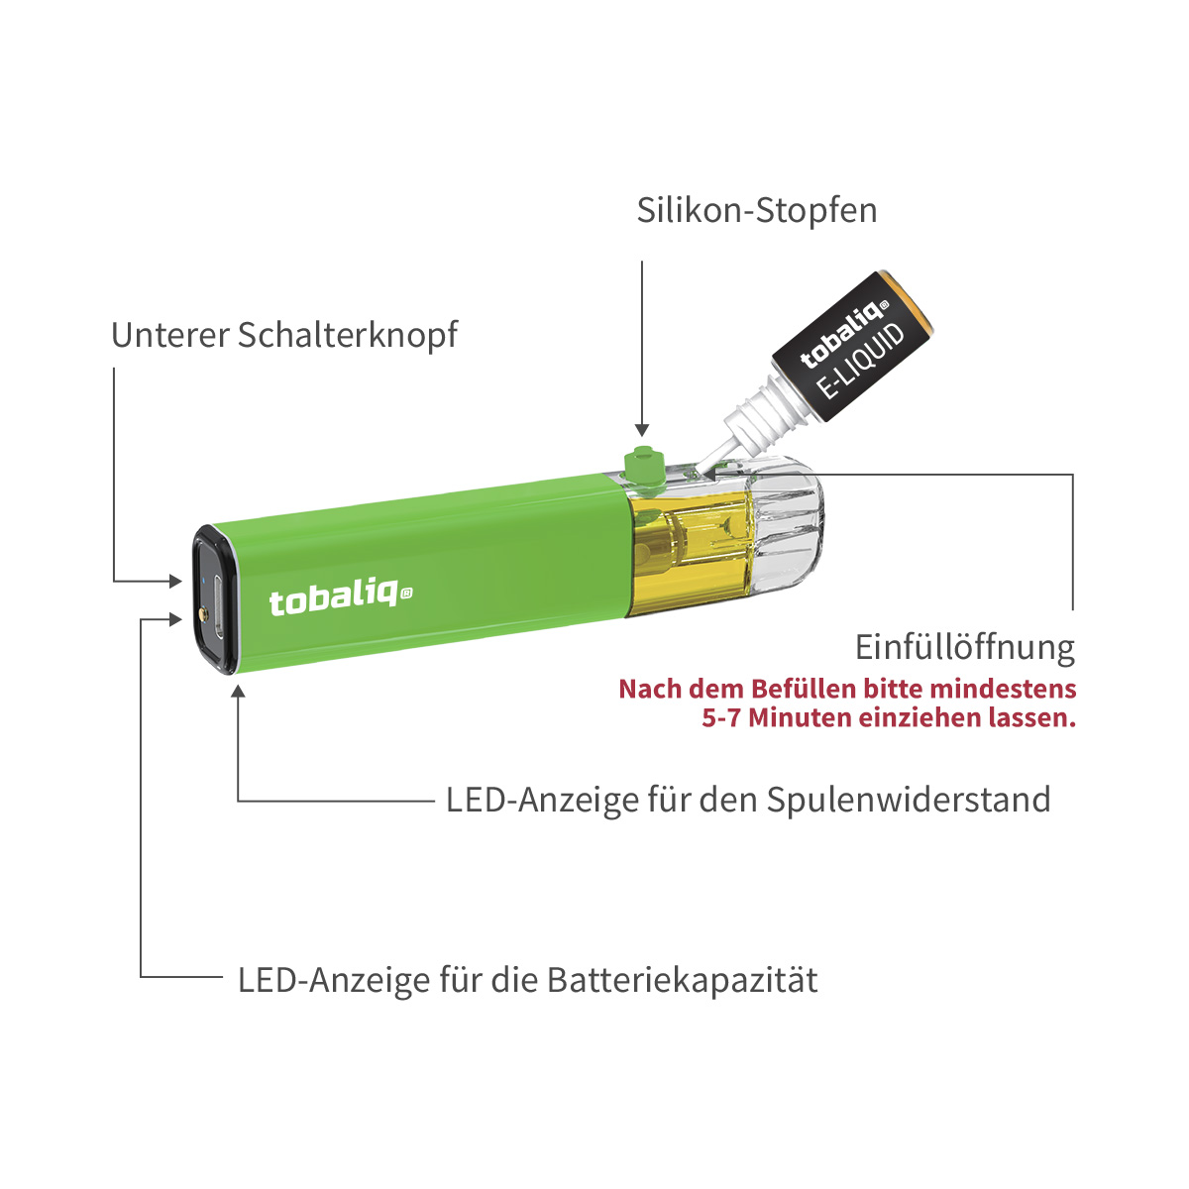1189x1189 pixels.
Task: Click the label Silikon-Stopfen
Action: (x=756, y=211)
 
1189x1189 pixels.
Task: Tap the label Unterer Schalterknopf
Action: (x=284, y=335)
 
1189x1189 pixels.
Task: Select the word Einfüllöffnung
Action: (x=964, y=647)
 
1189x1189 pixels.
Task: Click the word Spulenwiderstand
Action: (x=909, y=799)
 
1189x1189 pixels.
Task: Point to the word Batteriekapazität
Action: (x=682, y=980)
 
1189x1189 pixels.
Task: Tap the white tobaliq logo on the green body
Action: (x=340, y=598)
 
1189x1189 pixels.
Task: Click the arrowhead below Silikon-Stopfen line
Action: (x=642, y=429)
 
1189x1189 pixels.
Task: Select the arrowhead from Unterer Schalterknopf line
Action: (x=175, y=582)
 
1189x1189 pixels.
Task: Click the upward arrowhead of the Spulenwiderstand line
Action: (x=238, y=691)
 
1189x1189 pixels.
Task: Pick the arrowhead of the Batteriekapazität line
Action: (x=175, y=619)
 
